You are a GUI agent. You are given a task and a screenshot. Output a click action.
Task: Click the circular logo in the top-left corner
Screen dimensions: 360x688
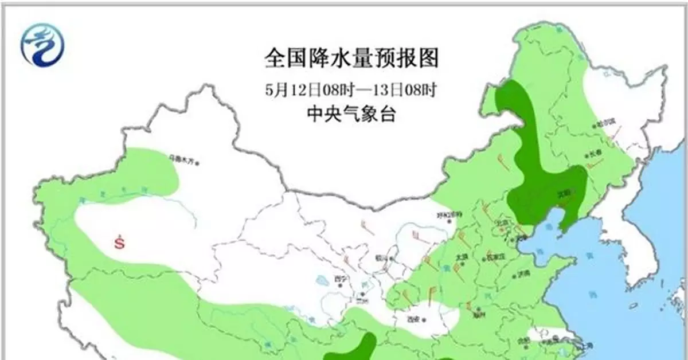click(42, 44)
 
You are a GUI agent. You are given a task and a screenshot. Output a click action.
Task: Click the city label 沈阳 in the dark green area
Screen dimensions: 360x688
click(564, 193)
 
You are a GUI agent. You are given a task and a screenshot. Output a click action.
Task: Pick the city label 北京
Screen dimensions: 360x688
click(502, 223)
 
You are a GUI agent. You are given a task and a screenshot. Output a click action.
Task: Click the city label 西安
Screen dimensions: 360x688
click(414, 320)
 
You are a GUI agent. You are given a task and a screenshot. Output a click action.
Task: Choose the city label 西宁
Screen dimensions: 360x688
click(340, 279)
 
